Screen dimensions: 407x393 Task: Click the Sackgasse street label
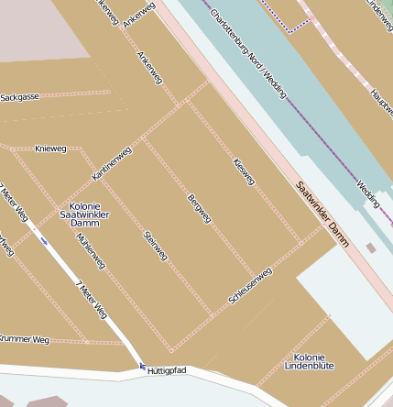[20, 96]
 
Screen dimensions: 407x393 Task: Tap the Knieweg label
[50, 148]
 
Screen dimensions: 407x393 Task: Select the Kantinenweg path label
[112, 163]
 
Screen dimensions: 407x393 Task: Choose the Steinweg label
[155, 246]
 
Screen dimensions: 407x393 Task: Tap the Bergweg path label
[199, 208]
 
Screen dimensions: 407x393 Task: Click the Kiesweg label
[244, 170]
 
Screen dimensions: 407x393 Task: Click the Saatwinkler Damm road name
[322, 214]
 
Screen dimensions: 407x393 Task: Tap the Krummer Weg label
[25, 339]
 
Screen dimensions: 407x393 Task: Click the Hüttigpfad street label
[167, 370]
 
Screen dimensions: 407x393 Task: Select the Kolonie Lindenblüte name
[313, 361]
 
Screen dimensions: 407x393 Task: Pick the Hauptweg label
[380, 105]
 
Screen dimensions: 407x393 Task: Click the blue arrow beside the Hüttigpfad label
[142, 367]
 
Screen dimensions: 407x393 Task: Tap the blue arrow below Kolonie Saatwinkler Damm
[44, 240]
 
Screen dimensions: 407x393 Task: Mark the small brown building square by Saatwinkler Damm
[370, 247]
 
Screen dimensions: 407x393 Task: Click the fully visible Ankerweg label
[147, 68]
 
